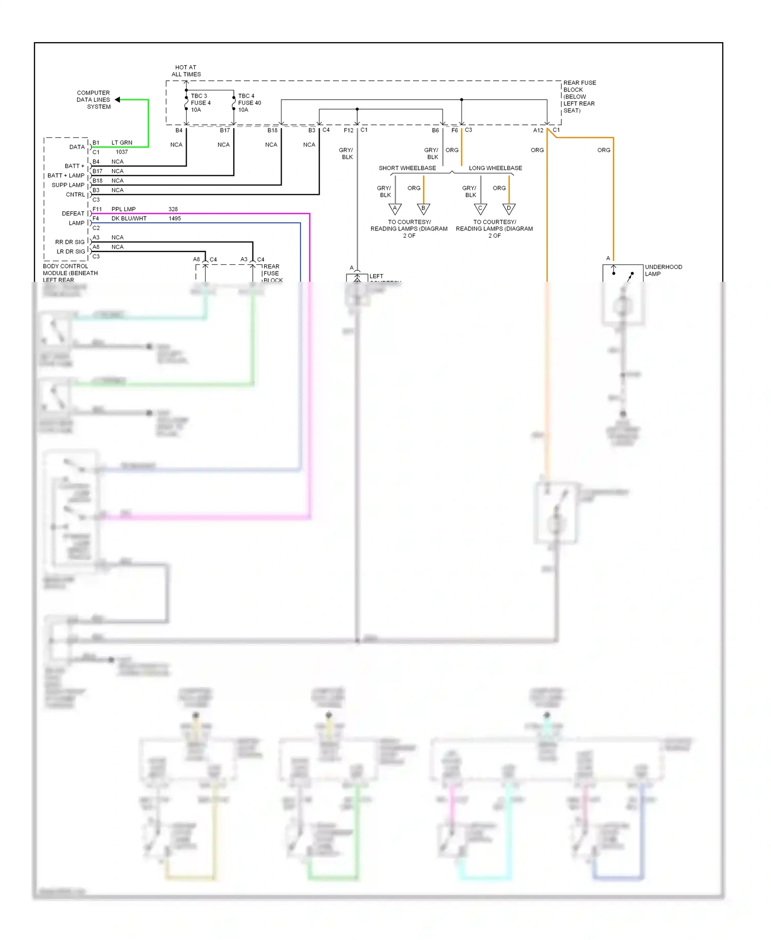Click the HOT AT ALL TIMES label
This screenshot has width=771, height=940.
[186, 71]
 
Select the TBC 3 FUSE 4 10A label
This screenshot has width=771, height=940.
[200, 103]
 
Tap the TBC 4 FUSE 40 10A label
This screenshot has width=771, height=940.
[249, 103]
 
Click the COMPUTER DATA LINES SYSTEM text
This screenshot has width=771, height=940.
[94, 100]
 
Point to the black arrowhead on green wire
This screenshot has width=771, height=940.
[118, 100]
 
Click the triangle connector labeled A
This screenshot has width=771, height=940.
[395, 208]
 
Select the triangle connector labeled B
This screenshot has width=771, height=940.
[424, 208]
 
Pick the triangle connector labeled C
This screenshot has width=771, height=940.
[481, 208]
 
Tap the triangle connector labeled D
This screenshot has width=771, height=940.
[509, 208]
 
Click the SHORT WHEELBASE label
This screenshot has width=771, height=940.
[407, 168]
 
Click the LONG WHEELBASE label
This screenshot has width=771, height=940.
[495, 168]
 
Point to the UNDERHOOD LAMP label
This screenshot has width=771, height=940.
[663, 270]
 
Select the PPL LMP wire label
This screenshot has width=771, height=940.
[123, 209]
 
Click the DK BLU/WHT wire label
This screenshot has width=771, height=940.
[128, 219]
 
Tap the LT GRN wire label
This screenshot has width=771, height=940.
[122, 142]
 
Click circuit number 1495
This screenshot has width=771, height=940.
[175, 219]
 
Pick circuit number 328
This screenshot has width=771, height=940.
[173, 209]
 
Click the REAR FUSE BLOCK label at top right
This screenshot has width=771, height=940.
[579, 96]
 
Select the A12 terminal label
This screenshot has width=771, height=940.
[538, 131]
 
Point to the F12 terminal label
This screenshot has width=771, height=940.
[348, 131]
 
